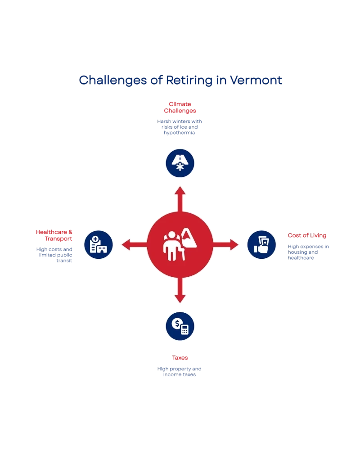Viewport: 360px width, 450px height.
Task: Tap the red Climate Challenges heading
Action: point(180,108)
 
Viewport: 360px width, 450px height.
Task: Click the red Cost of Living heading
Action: point(307,236)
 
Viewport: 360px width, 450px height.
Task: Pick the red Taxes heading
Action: point(180,358)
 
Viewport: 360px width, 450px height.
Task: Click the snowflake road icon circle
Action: point(180,163)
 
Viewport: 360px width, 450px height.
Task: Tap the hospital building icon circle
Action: point(99,244)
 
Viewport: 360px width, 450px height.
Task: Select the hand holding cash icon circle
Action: point(261,244)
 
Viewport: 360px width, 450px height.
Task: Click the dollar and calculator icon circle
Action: point(180,326)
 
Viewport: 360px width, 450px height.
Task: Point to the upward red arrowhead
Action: point(180,190)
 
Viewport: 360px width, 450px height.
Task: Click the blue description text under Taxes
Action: point(180,371)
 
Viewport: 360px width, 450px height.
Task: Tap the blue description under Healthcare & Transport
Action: point(55,254)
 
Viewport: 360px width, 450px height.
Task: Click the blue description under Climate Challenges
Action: point(180,128)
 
